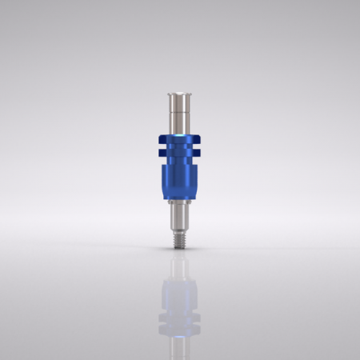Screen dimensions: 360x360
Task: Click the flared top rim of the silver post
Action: (x=179, y=95)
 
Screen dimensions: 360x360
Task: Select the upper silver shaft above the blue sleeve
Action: (x=179, y=112)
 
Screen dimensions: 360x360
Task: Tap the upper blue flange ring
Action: (x=179, y=135)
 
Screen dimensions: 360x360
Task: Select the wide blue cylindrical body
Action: (x=179, y=180)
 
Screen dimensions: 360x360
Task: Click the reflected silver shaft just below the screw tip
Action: (x=179, y=260)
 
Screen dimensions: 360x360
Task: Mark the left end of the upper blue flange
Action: (x=159, y=135)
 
